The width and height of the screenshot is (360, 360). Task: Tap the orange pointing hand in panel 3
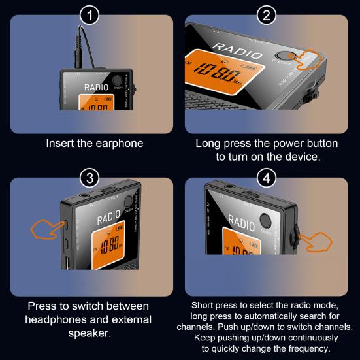(44, 229)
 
